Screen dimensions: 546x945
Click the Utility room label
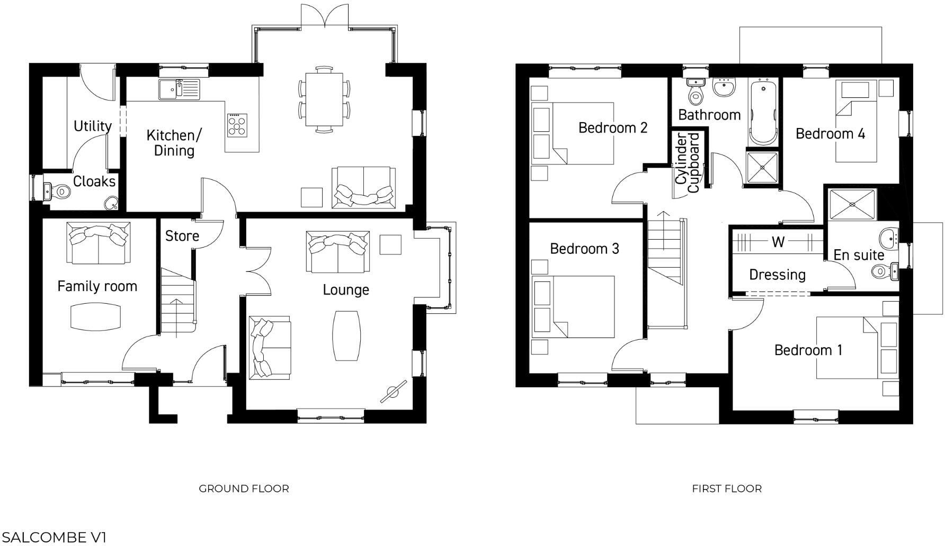click(93, 126)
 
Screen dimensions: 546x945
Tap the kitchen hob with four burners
click(237, 126)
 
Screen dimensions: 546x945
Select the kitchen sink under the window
click(179, 89)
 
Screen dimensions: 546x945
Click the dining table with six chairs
click(324, 99)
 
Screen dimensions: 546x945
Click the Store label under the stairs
click(182, 236)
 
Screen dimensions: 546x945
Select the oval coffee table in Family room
click(95, 316)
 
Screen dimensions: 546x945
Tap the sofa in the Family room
click(99, 242)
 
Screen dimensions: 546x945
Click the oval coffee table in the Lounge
click(346, 335)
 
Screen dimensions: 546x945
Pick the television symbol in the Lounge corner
click(394, 392)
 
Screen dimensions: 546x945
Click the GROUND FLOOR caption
click(244, 488)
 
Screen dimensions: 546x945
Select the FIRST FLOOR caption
click(727, 488)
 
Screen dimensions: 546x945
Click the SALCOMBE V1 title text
click(54, 538)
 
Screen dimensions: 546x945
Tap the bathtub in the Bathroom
click(763, 112)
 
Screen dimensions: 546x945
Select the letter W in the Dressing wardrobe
click(778, 242)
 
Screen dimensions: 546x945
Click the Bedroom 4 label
click(830, 133)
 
